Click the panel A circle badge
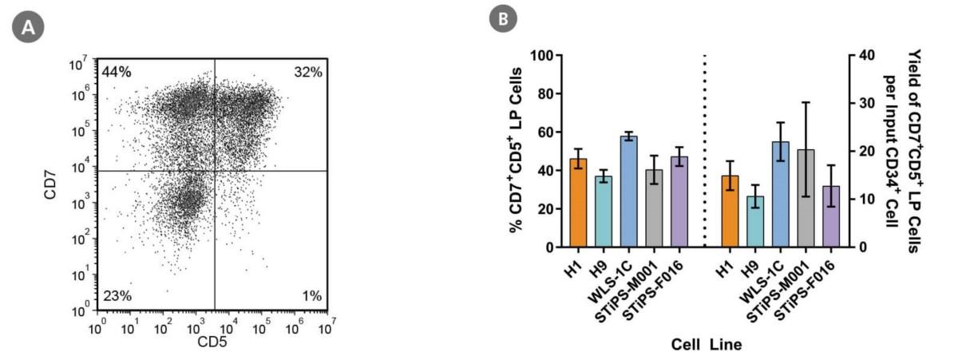tap(28, 27)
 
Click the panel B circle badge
tap(504, 18)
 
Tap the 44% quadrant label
tap(117, 72)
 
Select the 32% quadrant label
tap(308, 72)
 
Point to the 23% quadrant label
tap(117, 296)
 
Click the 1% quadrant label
tap(312, 296)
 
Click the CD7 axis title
tap(50, 184)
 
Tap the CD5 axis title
tap(212, 342)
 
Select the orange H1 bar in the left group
tap(578, 203)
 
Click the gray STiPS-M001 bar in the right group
tap(806, 199)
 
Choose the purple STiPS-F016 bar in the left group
tap(679, 202)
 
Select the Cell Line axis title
tap(706, 345)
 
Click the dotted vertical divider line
tap(704, 151)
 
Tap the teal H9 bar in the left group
tap(604, 212)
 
